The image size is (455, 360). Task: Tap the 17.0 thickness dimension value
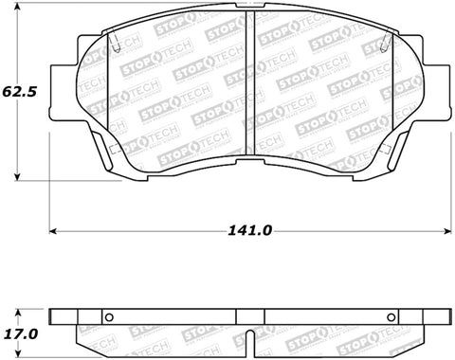click(x=21, y=334)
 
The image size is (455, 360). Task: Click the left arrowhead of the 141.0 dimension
click(x=55, y=229)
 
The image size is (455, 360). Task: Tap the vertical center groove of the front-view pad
click(x=247, y=95)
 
